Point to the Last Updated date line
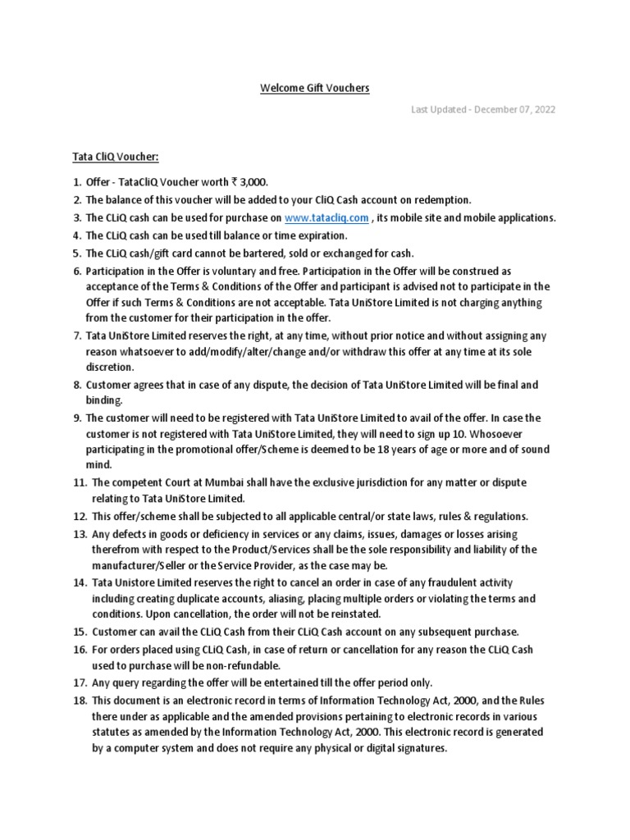(483, 110)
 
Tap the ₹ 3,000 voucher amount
(251, 182)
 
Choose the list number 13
(79, 534)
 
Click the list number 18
(79, 700)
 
